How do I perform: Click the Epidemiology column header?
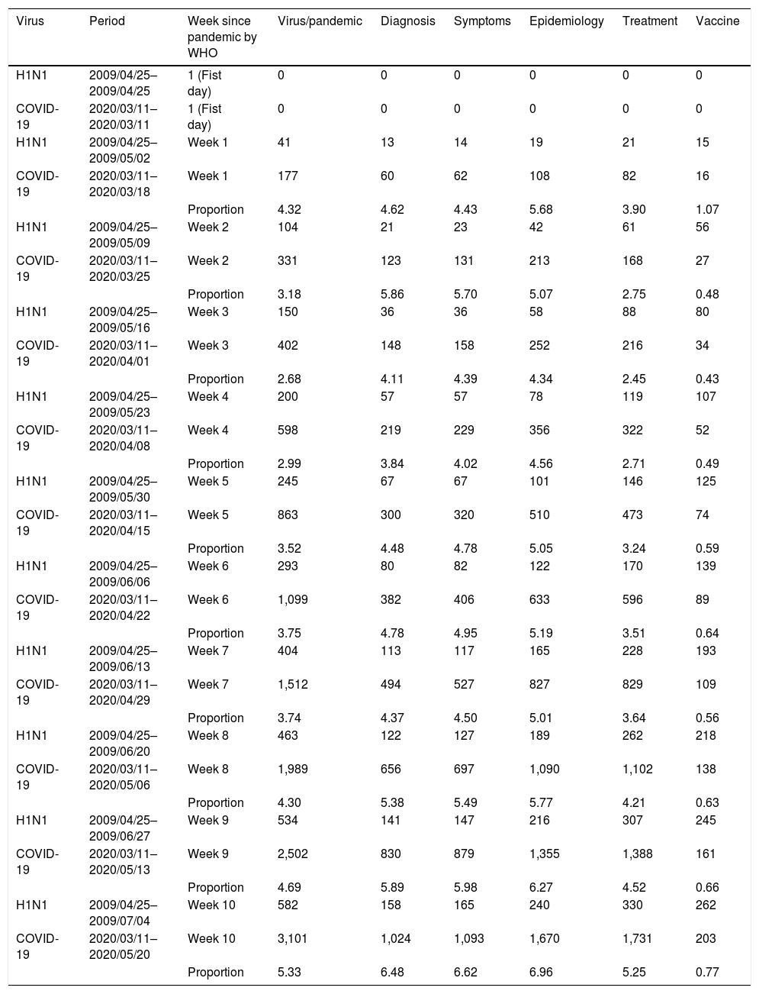(566, 21)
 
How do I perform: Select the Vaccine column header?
(717, 21)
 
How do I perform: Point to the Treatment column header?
(649, 21)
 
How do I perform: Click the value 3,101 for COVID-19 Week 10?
(293, 939)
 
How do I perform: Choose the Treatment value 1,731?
(637, 939)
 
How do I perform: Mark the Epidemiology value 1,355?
(544, 854)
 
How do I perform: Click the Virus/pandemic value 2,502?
(293, 854)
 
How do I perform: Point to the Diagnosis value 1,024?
(395, 939)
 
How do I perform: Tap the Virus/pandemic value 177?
(288, 176)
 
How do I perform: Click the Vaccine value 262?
(706, 905)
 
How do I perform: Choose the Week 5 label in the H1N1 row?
(207, 482)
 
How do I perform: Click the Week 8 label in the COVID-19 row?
(207, 770)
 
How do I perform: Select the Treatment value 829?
(632, 685)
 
